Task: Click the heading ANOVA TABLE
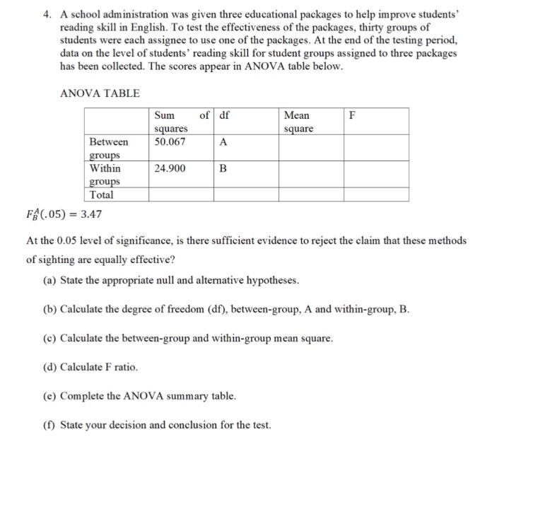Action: [x=100, y=93]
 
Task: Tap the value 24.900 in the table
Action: [x=170, y=169]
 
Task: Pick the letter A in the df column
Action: [x=223, y=141]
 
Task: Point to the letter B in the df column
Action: [x=223, y=169]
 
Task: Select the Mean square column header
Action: [x=298, y=122]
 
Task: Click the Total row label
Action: [x=102, y=194]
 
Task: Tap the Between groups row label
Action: [x=109, y=148]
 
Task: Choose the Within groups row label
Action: [x=105, y=175]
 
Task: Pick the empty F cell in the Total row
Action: [x=376, y=194]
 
